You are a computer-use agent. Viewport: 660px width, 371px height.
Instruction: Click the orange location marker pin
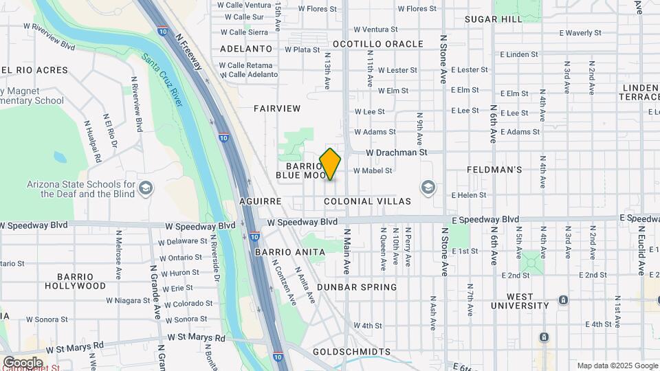coord(331,164)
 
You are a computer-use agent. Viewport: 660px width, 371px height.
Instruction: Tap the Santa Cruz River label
coord(162,80)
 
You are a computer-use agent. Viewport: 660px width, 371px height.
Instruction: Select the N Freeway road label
coord(189,51)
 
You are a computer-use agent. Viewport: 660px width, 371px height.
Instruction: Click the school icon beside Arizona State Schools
coord(146,188)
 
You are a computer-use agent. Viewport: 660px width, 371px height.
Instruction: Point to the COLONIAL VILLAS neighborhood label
coord(367,201)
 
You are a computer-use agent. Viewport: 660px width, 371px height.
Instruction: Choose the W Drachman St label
coord(397,152)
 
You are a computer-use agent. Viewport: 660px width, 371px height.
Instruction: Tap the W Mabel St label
coord(373,170)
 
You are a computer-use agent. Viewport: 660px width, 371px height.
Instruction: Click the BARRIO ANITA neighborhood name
coord(289,252)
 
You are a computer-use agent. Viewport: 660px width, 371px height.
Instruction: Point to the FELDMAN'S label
coord(494,169)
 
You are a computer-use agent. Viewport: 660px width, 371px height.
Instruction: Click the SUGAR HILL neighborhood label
coord(494,19)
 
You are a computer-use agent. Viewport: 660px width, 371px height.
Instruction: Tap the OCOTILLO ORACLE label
coord(378,43)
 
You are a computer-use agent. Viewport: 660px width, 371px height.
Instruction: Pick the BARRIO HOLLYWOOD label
coord(76,280)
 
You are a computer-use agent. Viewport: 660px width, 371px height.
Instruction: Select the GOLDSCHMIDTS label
coord(351,352)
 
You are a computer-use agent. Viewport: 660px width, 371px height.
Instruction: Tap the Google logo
coord(23,362)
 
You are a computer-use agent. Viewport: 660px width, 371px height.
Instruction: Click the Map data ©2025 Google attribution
coord(617,366)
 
